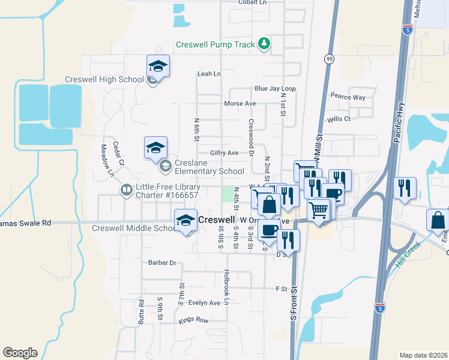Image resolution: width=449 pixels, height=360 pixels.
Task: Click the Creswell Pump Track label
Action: pyautogui.click(x=215, y=44)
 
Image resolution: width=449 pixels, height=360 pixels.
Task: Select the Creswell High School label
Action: pyautogui.click(x=104, y=79)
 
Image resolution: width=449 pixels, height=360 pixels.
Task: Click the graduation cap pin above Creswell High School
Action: pyautogui.click(x=158, y=66)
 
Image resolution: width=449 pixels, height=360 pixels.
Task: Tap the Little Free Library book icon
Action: pyautogui.click(x=127, y=191)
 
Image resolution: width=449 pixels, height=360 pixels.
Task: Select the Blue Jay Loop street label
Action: pyautogui.click(x=276, y=88)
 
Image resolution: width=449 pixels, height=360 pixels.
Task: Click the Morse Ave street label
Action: pyautogui.click(x=240, y=103)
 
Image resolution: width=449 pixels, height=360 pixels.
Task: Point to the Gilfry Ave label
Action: pyautogui.click(x=224, y=153)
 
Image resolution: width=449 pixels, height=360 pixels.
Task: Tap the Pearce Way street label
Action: pyautogui.click(x=348, y=97)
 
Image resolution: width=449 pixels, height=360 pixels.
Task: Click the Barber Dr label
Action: pyautogui.click(x=162, y=263)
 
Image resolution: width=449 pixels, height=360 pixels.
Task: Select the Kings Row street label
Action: pyautogui.click(x=193, y=320)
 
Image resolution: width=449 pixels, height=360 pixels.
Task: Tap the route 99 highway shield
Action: pyautogui.click(x=329, y=59)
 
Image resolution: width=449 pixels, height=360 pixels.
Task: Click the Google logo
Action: pyautogui.click(x=20, y=352)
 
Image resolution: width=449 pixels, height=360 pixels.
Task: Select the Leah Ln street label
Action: pyautogui.click(x=209, y=74)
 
